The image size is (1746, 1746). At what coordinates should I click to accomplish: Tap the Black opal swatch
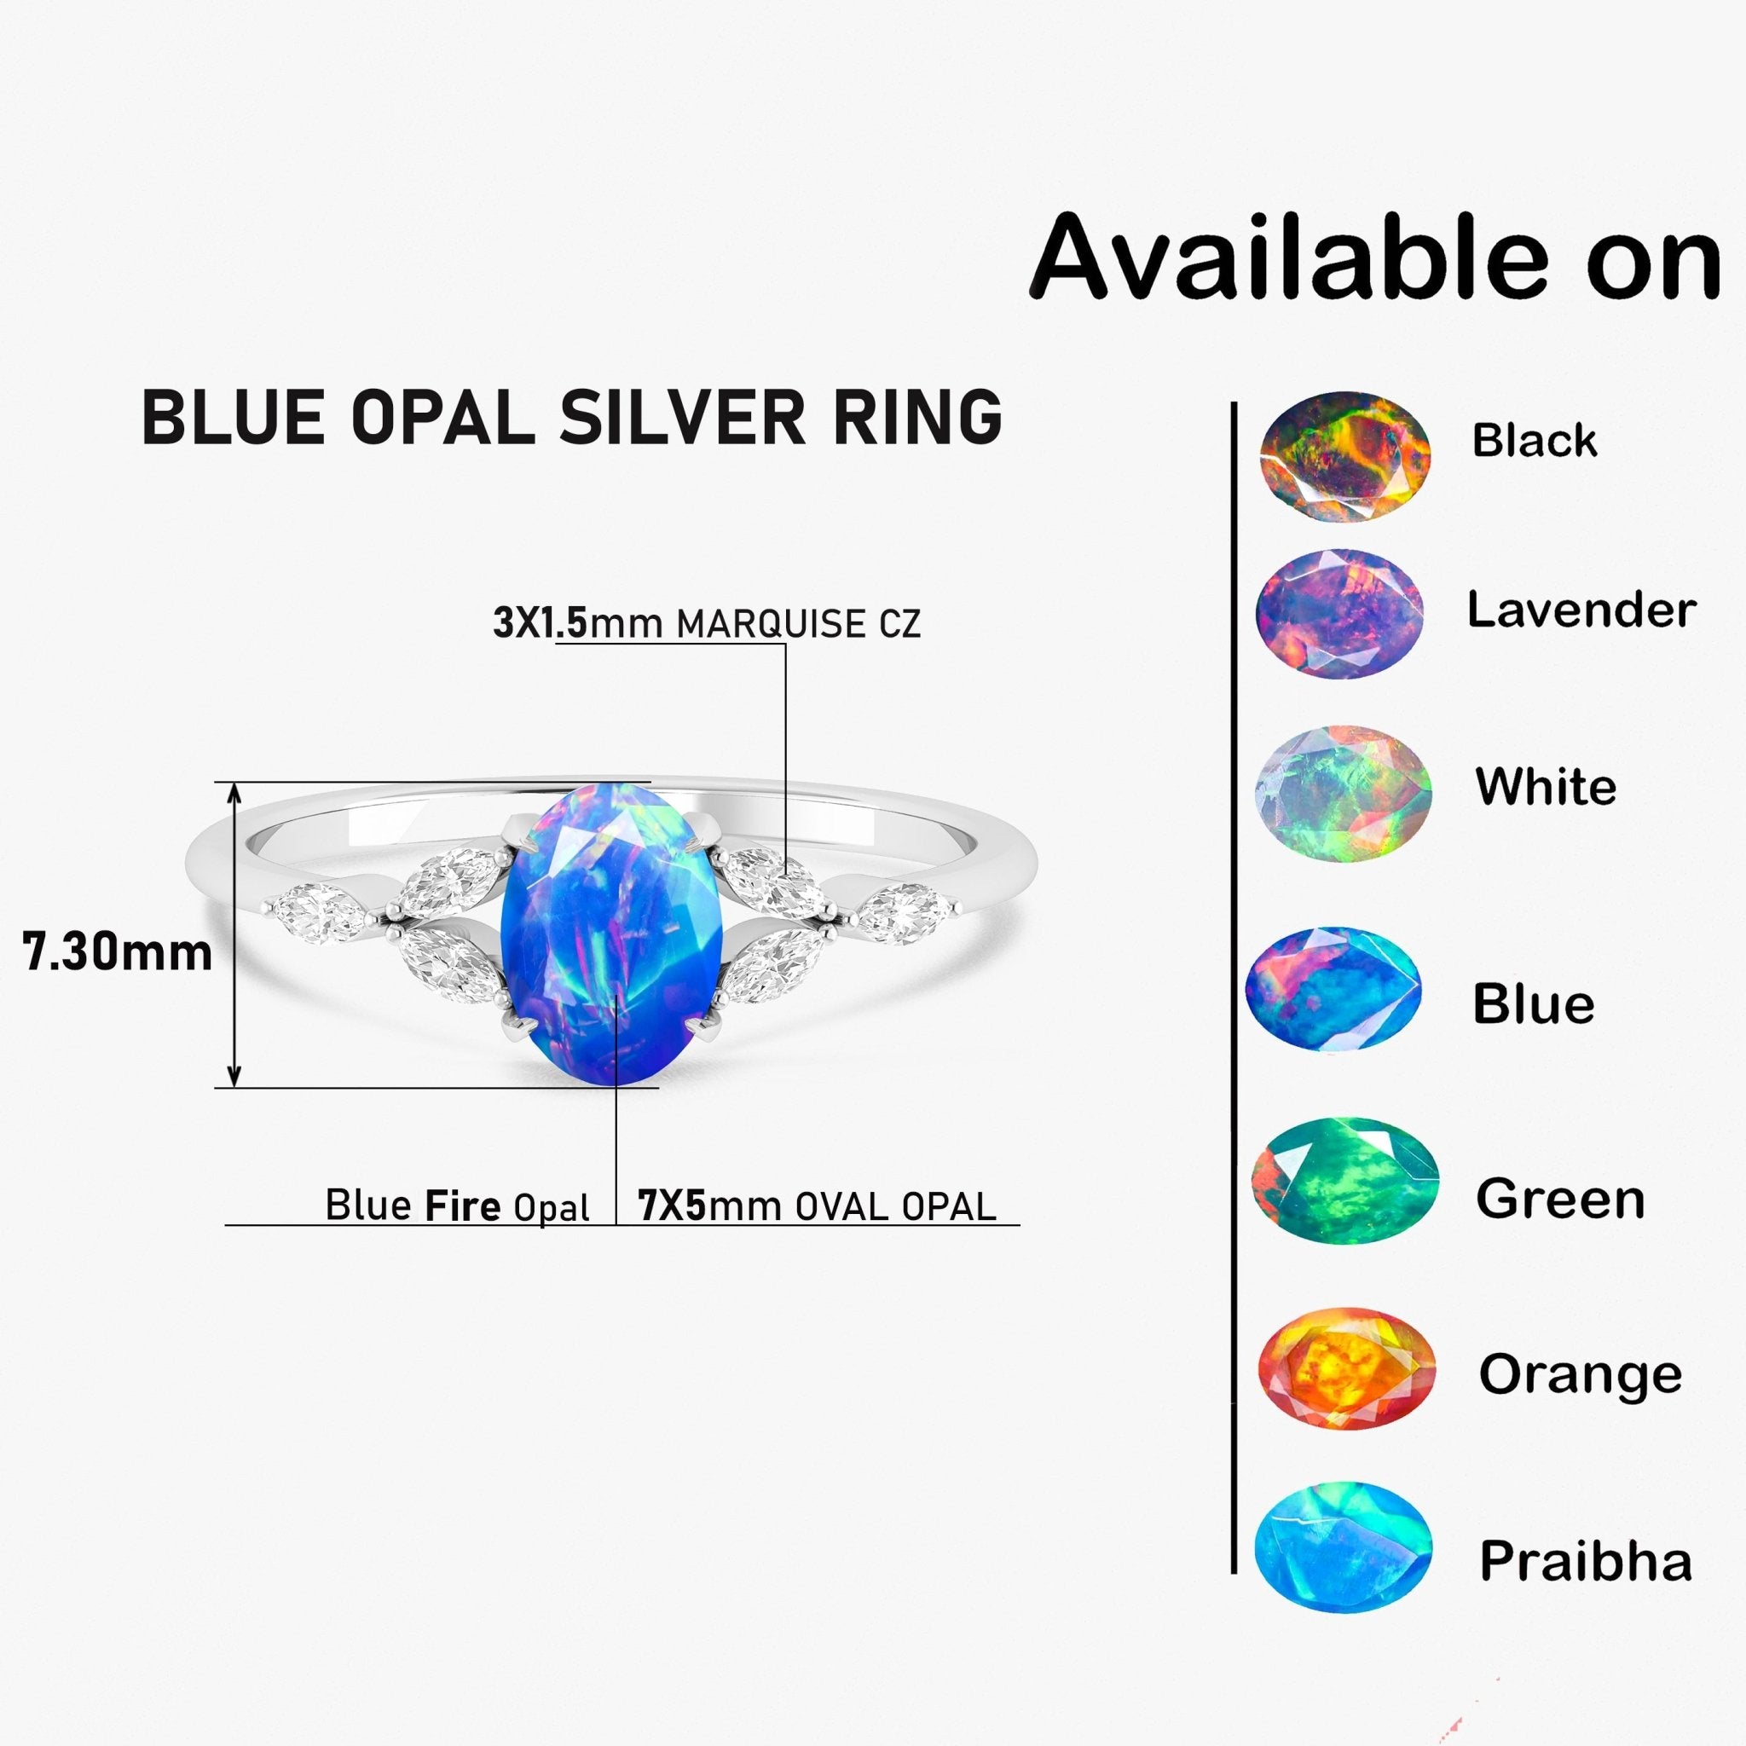pyautogui.click(x=1344, y=456)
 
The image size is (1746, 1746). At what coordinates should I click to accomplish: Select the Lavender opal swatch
pyautogui.click(x=1339, y=614)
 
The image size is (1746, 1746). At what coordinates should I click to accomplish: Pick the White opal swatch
pyautogui.click(x=1344, y=793)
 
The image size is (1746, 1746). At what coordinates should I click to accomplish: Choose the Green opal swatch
pyautogui.click(x=1344, y=1181)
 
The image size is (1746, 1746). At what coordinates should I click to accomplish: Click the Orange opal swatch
pyautogui.click(x=1346, y=1369)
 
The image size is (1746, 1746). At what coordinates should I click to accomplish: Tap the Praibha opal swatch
pyautogui.click(x=1343, y=1547)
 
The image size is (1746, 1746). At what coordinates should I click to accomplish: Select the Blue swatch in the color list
pyautogui.click(x=1334, y=989)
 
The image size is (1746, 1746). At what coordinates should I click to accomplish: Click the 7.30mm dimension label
pyautogui.click(x=118, y=952)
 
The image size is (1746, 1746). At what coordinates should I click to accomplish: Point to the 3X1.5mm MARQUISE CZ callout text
pyautogui.click(x=707, y=623)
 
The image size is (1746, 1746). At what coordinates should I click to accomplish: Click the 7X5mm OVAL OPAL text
pyautogui.click(x=817, y=1206)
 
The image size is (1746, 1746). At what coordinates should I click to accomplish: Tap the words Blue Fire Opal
pyautogui.click(x=457, y=1206)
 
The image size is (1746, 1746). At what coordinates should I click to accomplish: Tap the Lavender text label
pyautogui.click(x=1581, y=610)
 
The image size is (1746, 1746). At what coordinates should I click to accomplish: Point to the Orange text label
pyautogui.click(x=1581, y=1374)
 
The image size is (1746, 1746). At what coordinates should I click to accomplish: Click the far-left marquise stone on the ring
pyautogui.click(x=321, y=912)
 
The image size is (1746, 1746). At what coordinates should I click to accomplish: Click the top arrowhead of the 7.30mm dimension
pyautogui.click(x=234, y=794)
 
